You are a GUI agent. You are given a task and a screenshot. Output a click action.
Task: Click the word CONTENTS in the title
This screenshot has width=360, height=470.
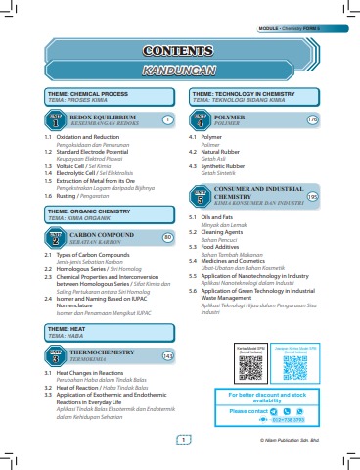click(180, 51)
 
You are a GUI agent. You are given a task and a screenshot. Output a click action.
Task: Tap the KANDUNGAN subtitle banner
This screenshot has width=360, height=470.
click(180, 71)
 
